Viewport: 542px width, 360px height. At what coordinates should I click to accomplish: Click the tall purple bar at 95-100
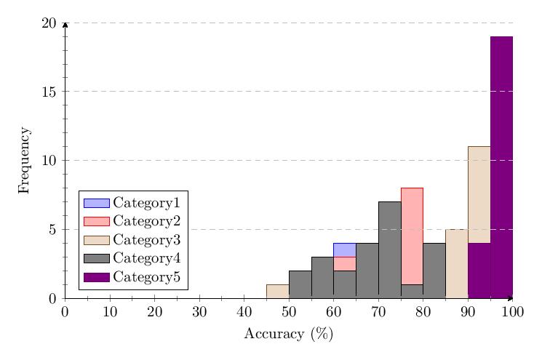click(501, 167)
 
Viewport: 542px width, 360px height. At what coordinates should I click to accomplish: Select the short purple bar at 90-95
click(479, 271)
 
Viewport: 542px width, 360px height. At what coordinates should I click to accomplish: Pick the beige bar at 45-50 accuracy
click(277, 291)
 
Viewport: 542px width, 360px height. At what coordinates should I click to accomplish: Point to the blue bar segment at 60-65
click(345, 249)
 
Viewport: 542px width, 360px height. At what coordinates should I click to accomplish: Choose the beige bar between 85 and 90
click(456, 263)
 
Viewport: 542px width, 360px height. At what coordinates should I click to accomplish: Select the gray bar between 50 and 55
click(300, 284)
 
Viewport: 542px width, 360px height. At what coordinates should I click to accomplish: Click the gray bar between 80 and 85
click(434, 271)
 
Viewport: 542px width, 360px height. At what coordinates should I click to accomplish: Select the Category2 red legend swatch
click(96, 221)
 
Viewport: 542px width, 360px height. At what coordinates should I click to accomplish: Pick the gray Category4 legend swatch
click(96, 258)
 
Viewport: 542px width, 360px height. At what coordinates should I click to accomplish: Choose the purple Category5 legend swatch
click(96, 277)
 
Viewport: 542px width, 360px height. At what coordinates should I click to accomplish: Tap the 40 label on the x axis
click(244, 312)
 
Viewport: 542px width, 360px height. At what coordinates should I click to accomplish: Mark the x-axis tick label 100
click(512, 312)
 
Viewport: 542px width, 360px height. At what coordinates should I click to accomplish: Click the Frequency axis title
click(24, 160)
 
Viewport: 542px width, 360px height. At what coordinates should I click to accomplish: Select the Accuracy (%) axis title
click(288, 335)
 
